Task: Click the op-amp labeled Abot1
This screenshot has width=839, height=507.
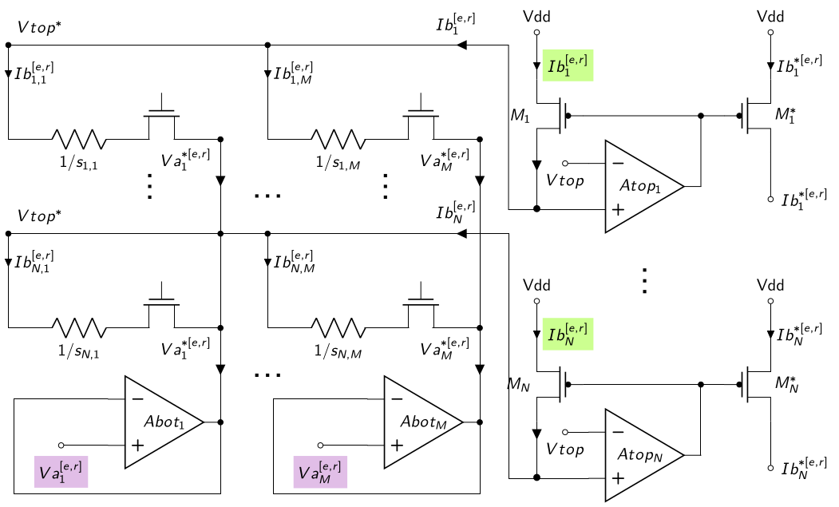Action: pyautogui.click(x=164, y=422)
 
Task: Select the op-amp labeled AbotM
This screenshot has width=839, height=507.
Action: pyautogui.click(x=423, y=422)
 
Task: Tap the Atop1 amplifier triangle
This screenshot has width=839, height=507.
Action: pyautogui.click(x=644, y=186)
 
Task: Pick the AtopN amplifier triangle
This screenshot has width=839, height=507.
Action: pyautogui.click(x=644, y=455)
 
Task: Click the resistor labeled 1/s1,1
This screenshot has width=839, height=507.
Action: pyautogui.click(x=79, y=139)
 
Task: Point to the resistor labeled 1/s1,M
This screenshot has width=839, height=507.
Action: pyautogui.click(x=338, y=139)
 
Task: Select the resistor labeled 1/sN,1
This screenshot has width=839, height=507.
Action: pyautogui.click(x=79, y=327)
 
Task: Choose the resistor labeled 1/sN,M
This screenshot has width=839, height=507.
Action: pyautogui.click(x=338, y=327)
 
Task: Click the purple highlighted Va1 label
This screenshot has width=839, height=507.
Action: pyautogui.click(x=61, y=472)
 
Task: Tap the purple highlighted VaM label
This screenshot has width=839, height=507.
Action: pyautogui.click(x=320, y=472)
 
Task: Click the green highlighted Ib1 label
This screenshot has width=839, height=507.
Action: pyautogui.click(x=568, y=65)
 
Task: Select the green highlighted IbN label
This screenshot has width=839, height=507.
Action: pyautogui.click(x=568, y=334)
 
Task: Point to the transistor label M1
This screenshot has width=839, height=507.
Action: pyautogui.click(x=520, y=115)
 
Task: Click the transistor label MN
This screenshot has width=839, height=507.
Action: pyautogui.click(x=519, y=384)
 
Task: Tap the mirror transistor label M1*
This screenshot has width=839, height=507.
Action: pyautogui.click(x=785, y=114)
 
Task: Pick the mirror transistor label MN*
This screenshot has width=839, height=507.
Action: pyautogui.click(x=786, y=383)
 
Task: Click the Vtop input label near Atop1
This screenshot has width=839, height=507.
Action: pyautogui.click(x=564, y=180)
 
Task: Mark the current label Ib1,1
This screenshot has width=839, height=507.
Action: pyautogui.click(x=34, y=73)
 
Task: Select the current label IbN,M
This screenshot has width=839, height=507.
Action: pyautogui.click(x=295, y=262)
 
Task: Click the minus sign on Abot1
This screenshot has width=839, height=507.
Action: pyautogui.click(x=137, y=399)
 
